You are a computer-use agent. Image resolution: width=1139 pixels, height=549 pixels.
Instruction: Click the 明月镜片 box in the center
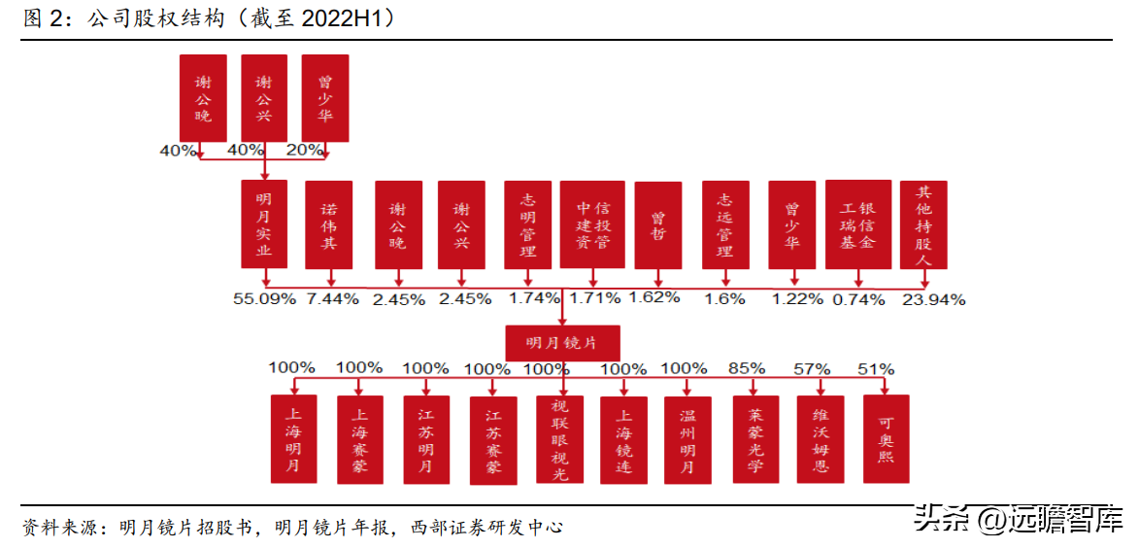[563, 342]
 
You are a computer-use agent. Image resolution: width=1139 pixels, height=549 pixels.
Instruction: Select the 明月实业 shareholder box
[264, 223]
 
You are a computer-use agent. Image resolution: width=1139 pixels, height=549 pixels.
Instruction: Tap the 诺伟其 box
[329, 224]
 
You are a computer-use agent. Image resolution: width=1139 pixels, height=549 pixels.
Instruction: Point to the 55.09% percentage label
[264, 299]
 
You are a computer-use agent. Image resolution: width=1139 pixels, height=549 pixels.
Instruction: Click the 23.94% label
[933, 299]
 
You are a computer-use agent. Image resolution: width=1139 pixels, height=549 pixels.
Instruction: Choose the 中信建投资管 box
[592, 224]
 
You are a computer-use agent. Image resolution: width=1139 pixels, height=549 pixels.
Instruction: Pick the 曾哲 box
[658, 224]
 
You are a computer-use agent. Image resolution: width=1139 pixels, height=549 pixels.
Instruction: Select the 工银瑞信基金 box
[858, 224]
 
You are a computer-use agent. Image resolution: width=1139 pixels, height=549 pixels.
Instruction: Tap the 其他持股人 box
[922, 224]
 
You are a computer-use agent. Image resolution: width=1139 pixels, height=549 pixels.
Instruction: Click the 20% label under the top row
[306, 150]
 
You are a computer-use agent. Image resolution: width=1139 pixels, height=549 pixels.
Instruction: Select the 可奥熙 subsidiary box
[886, 438]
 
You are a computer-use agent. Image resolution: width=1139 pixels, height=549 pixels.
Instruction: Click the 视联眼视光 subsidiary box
[560, 438]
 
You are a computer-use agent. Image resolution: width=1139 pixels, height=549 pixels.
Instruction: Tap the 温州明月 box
[688, 438]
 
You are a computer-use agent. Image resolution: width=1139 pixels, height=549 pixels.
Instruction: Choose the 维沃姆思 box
[821, 438]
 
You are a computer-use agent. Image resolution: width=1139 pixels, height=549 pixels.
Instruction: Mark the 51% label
[876, 369]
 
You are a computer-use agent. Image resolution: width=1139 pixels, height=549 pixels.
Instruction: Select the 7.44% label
[332, 299]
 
